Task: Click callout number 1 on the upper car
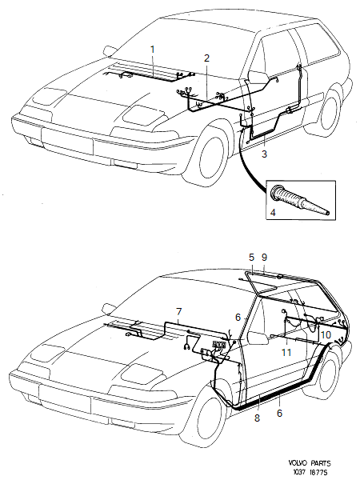point(152,50)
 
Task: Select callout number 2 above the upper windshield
point(206,58)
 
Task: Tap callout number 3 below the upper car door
point(265,152)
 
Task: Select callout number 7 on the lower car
point(178,310)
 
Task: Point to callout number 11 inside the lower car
point(286,352)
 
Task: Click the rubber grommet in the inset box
point(300,197)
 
